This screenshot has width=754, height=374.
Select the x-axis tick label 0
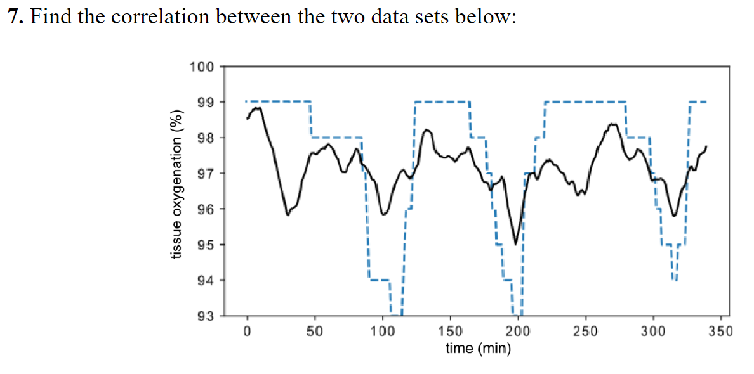248,330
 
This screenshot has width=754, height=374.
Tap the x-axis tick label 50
315,330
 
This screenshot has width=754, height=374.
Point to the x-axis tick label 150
450,330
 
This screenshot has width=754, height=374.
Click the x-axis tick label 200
518,330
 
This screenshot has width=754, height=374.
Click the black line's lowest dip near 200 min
515,243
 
